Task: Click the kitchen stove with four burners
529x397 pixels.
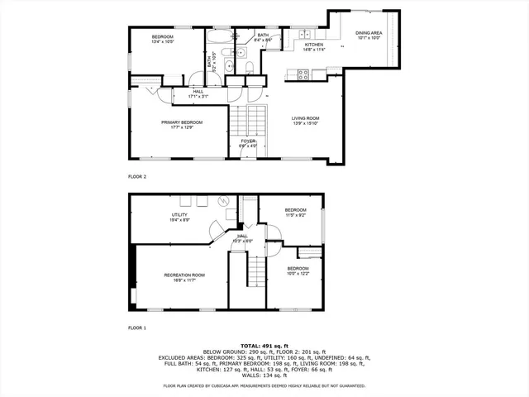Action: [303, 74]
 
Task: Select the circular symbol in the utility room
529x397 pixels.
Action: [222, 201]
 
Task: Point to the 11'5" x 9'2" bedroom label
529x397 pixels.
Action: [296, 213]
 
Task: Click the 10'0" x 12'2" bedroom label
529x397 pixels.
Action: [298, 271]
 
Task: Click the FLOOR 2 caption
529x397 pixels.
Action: [137, 176]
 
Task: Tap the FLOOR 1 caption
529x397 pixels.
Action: [137, 328]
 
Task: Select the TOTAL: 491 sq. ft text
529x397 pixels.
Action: [264, 345]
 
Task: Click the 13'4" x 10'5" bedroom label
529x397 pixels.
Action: [162, 39]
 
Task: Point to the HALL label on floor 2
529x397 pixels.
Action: [198, 94]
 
